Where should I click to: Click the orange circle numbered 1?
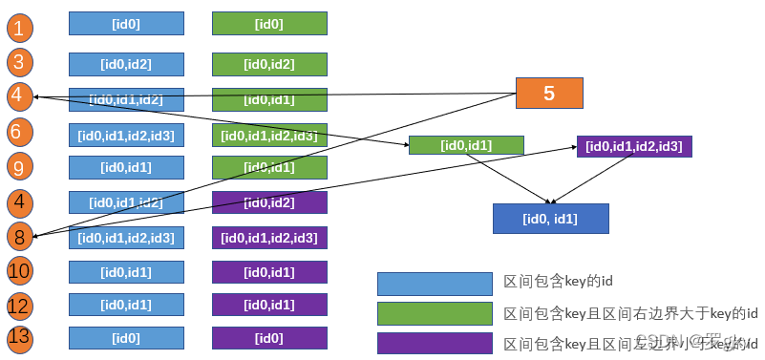[19, 27]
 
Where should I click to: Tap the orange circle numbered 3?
[19, 64]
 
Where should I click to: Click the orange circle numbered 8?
[19, 236]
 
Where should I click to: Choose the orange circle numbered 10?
[19, 271]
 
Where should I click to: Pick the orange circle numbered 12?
[19, 306]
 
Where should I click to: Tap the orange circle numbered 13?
[19, 337]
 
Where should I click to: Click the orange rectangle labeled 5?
[549, 93]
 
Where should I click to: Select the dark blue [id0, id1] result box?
[550, 219]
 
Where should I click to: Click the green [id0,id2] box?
[269, 64]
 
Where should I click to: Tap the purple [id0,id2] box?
[269, 202]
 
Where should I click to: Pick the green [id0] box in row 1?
[269, 24]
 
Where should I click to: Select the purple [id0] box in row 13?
[269, 338]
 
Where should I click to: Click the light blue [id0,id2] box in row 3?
[126, 64]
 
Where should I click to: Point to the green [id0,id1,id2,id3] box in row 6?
[269, 136]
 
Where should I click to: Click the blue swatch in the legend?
[436, 284]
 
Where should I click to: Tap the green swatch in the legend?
[436, 313]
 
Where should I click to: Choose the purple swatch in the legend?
[436, 343]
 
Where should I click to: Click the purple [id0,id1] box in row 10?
[269, 272]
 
